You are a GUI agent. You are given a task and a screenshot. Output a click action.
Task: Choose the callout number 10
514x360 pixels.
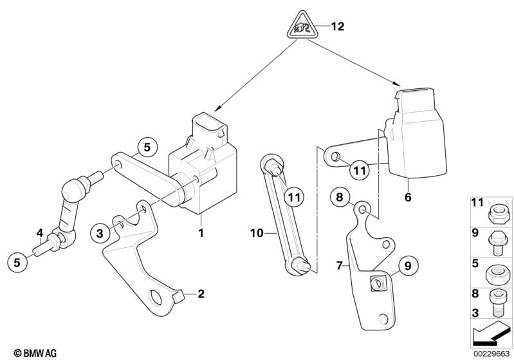[x=257, y=233]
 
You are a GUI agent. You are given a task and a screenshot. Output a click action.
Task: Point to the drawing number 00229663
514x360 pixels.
[x=490, y=352]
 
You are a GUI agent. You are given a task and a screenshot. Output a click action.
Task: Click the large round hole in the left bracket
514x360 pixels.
[x=156, y=297]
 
